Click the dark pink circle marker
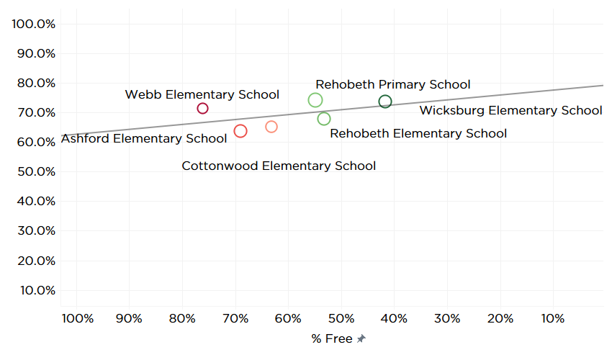pyautogui.click(x=202, y=109)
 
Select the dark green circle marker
pyautogui.click(x=385, y=102)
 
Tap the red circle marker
pyautogui.click(x=240, y=131)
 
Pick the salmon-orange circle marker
pyautogui.click(x=271, y=127)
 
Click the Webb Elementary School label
pyautogui.click(x=202, y=94)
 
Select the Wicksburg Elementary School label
pyautogui.click(x=510, y=111)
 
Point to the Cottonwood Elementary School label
pyautogui.click(x=279, y=166)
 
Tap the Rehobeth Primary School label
pyautogui.click(x=393, y=85)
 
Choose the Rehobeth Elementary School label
pyautogui.click(x=418, y=133)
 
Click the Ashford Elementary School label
pyautogui.click(x=144, y=138)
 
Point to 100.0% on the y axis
pyautogui.click(x=35, y=24)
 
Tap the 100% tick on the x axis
pyautogui.click(x=78, y=319)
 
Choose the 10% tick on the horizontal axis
pyautogui.click(x=553, y=319)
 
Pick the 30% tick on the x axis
pyautogui.click(x=447, y=319)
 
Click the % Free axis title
pyautogui.click(x=332, y=338)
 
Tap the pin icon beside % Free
pyautogui.click(x=361, y=338)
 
